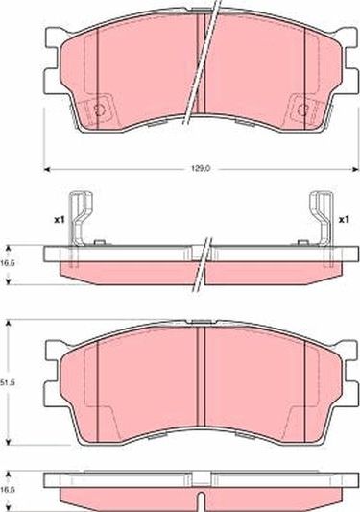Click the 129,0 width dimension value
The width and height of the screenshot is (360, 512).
[x=199, y=170]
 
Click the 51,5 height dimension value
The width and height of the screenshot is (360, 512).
[x=10, y=382]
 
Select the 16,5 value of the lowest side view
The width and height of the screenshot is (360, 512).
[x=10, y=489]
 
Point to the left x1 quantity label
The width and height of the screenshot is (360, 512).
[x=59, y=220]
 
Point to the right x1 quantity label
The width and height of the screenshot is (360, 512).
[x=344, y=220]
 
